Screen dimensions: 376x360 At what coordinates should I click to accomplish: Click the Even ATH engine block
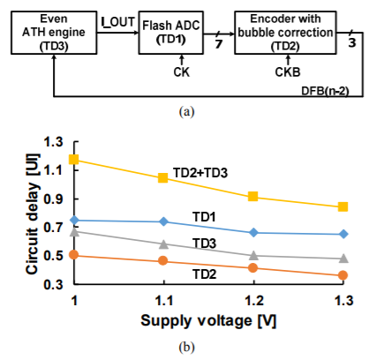pos(54,33)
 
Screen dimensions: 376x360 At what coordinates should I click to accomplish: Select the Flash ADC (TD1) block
pos(171,33)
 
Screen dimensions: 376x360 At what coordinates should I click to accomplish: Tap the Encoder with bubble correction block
pos(285,33)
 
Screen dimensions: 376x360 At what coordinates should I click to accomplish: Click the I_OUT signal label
pos(118,22)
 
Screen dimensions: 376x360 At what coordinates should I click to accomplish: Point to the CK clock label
pos(182,72)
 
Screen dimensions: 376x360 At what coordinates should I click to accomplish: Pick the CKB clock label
pos(288,72)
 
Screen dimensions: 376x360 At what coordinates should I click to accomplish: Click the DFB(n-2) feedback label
pos(325,91)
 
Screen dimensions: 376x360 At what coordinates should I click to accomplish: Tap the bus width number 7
pos(218,44)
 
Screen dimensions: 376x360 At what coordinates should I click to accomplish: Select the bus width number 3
pos(352,43)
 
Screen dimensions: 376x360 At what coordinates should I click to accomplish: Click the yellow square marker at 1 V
pos(73,159)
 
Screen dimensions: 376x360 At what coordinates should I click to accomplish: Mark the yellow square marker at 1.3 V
pos(342,206)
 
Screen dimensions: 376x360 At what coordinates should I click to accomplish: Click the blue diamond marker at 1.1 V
pos(163,221)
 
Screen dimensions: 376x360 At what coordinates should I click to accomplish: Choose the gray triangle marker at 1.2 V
pos(253,255)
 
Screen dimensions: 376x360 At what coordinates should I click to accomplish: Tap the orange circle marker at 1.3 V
pos(342,275)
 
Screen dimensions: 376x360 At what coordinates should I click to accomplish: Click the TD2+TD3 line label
pos(200,173)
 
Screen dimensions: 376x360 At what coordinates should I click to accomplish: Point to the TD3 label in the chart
pos(205,244)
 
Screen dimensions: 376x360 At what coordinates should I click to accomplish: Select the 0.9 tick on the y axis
pos(53,199)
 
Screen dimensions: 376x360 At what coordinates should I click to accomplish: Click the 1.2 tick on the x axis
pos(254,301)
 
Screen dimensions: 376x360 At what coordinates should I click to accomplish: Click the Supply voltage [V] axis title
pos(208,320)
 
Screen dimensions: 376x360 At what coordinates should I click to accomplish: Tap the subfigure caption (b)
pos(187,348)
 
